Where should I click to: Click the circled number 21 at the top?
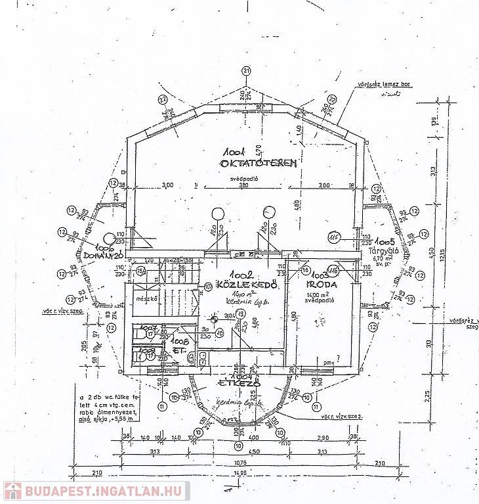click(246, 71)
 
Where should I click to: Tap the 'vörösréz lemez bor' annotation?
click(379, 84)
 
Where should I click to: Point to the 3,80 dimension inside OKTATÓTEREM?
click(245, 186)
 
